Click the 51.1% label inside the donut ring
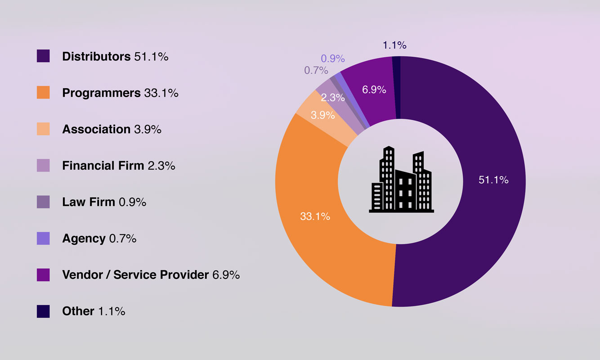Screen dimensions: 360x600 point(493,180)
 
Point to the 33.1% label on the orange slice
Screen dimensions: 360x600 point(315,216)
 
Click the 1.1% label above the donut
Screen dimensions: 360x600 point(394,45)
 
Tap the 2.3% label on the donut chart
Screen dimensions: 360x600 point(333,97)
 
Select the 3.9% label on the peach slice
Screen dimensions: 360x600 point(322,115)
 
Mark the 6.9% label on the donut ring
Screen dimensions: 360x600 point(374,90)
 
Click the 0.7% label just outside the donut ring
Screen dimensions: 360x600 point(316,70)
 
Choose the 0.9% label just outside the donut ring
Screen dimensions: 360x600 point(332,58)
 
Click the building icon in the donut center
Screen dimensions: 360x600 point(401,180)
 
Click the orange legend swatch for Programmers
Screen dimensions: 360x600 point(43,93)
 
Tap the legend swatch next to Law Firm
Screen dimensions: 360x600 point(43,202)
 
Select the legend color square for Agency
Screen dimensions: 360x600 point(43,238)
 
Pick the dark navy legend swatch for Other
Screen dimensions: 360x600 point(43,311)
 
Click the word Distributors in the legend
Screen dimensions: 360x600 point(96,57)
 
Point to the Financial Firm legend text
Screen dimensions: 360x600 point(103,166)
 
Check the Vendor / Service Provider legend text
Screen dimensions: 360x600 point(135,274)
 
